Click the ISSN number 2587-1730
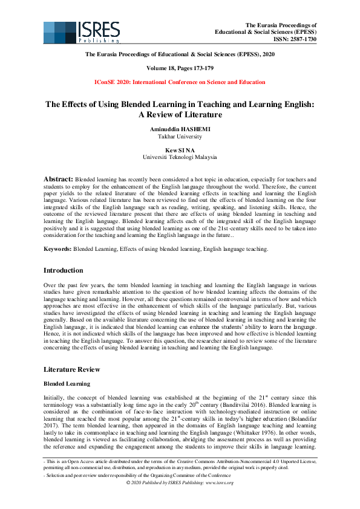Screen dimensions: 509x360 303,39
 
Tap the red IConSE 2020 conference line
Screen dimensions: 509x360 180,82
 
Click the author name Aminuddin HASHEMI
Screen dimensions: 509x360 179,129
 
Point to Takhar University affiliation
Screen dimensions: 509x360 179,137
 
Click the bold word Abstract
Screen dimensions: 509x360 58,180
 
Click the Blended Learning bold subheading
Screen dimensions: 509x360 67,383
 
